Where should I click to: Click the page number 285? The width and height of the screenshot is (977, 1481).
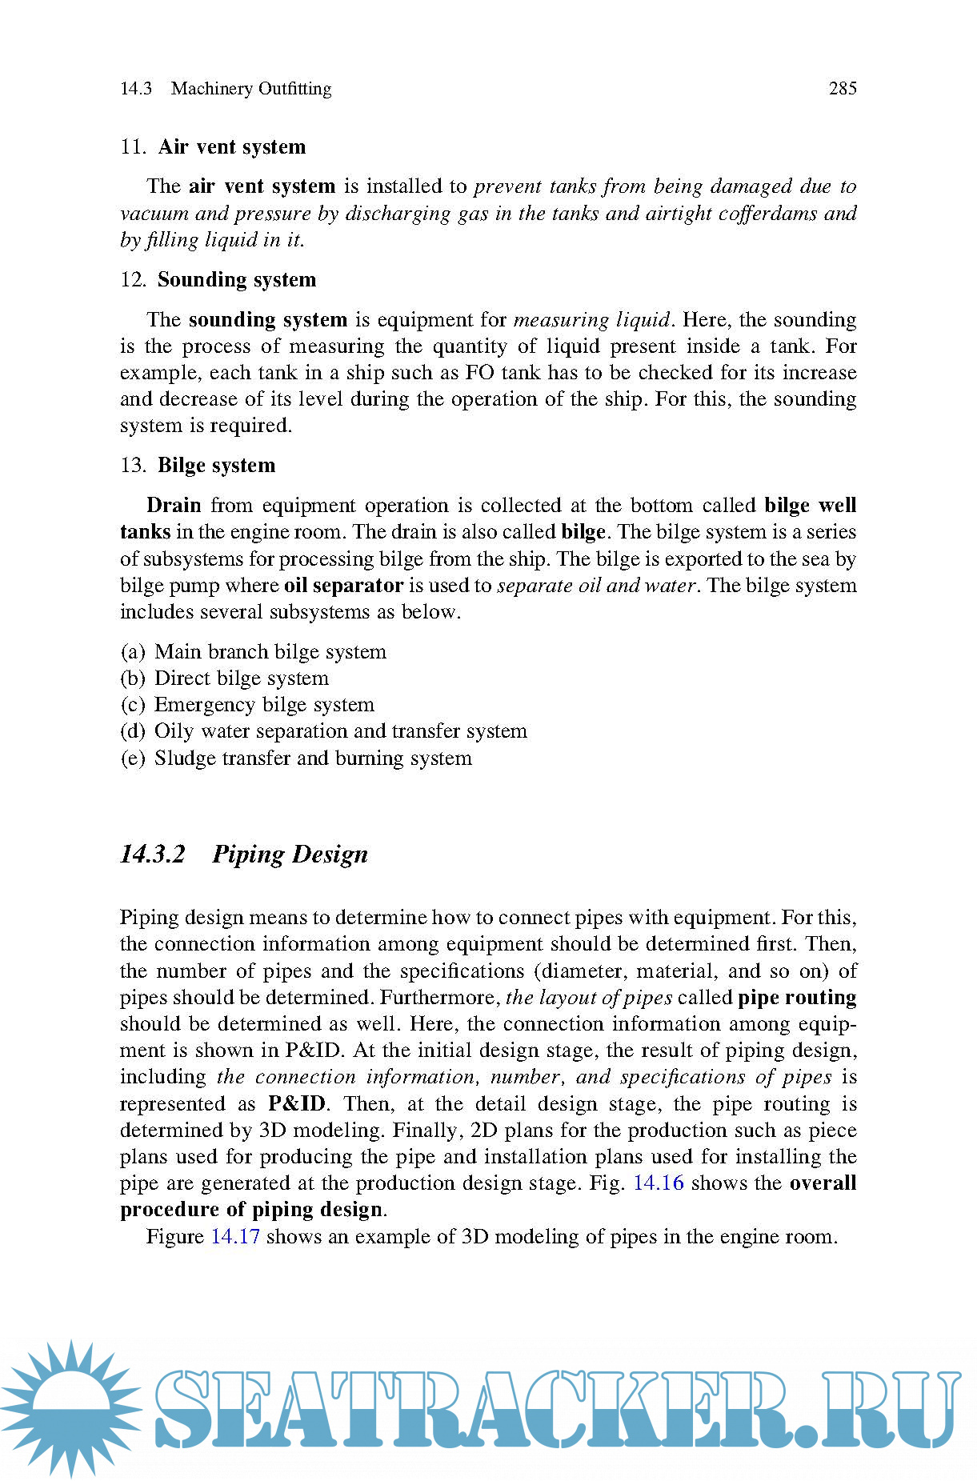click(x=842, y=89)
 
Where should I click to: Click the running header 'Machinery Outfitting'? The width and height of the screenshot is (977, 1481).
click(x=250, y=89)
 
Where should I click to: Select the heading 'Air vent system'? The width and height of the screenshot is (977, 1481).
click(x=231, y=147)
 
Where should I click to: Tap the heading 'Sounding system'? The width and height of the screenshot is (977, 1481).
click(x=236, y=280)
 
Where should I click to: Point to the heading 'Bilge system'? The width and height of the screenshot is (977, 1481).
click(x=216, y=466)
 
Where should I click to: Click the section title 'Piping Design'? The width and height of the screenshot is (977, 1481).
click(x=290, y=855)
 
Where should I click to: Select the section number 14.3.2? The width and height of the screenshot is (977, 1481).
click(x=152, y=855)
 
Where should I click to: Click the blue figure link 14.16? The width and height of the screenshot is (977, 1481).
click(x=658, y=1183)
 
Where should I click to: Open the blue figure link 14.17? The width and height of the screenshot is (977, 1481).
click(x=235, y=1237)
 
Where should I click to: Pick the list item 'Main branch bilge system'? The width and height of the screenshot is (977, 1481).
click(x=270, y=652)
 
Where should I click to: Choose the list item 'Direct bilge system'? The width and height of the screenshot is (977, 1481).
click(x=241, y=678)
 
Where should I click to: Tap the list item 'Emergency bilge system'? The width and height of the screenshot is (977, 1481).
click(x=264, y=705)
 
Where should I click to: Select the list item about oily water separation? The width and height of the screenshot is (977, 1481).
click(x=340, y=731)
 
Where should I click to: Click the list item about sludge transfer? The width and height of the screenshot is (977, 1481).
click(x=312, y=759)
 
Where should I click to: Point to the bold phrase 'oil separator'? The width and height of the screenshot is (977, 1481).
click(x=343, y=586)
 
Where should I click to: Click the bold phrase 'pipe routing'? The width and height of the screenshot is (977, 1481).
click(x=796, y=998)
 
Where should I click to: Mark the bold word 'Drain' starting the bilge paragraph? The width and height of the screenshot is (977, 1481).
click(x=174, y=506)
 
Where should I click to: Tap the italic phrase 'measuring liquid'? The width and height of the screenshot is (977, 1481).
click(x=591, y=320)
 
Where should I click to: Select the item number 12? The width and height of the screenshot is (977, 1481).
click(x=133, y=280)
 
